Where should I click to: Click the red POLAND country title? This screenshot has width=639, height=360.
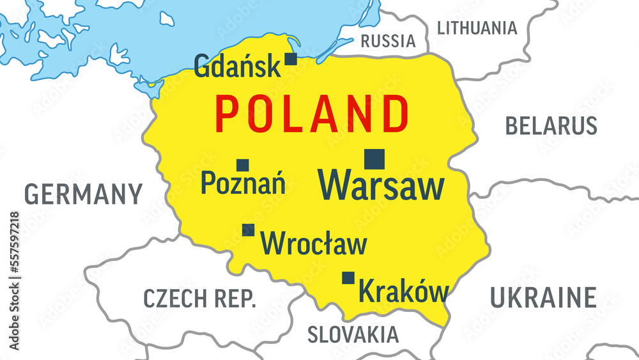311,114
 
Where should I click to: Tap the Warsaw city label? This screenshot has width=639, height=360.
381,185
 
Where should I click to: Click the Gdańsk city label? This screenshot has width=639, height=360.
236,66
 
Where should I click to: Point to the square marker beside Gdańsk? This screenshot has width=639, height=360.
291,59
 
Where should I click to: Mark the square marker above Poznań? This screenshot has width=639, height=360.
242,165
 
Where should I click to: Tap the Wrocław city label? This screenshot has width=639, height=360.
314,244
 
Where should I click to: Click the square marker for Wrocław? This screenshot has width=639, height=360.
248,230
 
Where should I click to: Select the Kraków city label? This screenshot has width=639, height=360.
404,292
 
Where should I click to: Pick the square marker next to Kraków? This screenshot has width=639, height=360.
348,278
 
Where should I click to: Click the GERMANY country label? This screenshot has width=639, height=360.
83,194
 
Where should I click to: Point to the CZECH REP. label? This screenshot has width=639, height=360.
199,298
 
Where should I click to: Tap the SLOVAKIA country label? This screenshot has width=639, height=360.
353,334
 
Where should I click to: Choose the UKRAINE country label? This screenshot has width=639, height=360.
543,297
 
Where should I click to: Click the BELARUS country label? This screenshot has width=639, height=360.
551,125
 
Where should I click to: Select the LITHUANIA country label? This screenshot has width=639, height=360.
477,27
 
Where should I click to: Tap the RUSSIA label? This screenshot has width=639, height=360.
388,42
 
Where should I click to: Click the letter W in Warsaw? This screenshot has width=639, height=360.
336,185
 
